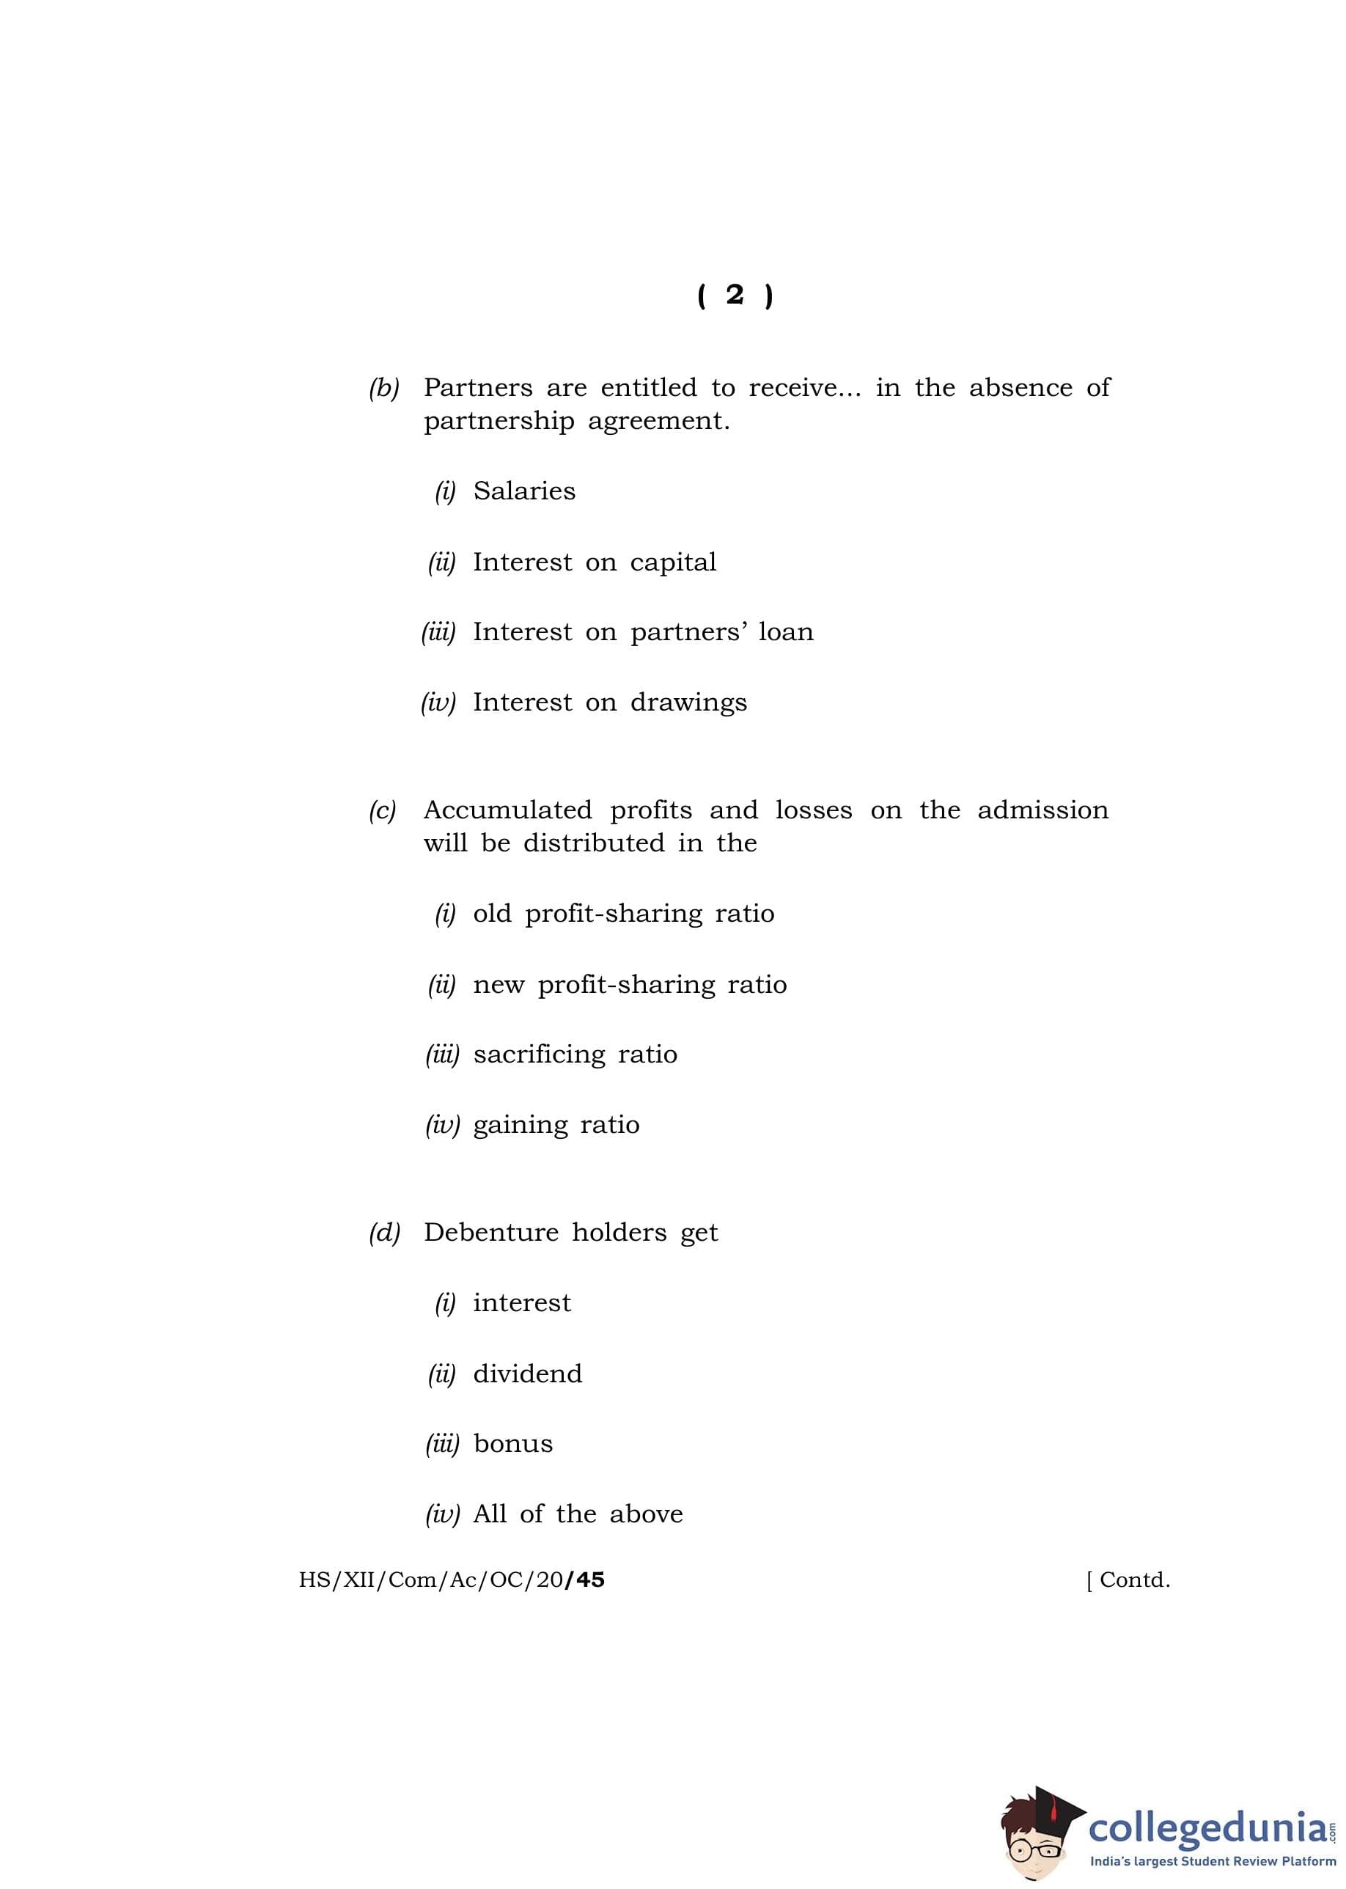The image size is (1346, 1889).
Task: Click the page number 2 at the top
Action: pos(735,295)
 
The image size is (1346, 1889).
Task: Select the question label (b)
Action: pos(383,388)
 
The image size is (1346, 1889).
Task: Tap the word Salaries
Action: pos(524,491)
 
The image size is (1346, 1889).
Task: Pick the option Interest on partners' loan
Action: pos(642,631)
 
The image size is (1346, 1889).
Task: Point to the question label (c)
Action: pos(382,810)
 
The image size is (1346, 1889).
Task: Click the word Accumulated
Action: pos(507,810)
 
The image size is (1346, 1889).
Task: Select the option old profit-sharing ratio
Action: pos(623,914)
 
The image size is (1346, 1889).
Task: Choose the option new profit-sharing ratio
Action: pos(629,984)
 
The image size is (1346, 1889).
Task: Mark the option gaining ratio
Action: pos(556,1125)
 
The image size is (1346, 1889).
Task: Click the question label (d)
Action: pos(383,1233)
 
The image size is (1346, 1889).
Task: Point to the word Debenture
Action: pos(490,1233)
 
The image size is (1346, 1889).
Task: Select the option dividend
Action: pos(527,1373)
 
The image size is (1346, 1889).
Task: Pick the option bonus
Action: pos(513,1443)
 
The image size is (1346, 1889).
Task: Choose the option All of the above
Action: pos(578,1514)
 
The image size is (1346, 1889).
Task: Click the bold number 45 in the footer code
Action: pos(589,1580)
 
